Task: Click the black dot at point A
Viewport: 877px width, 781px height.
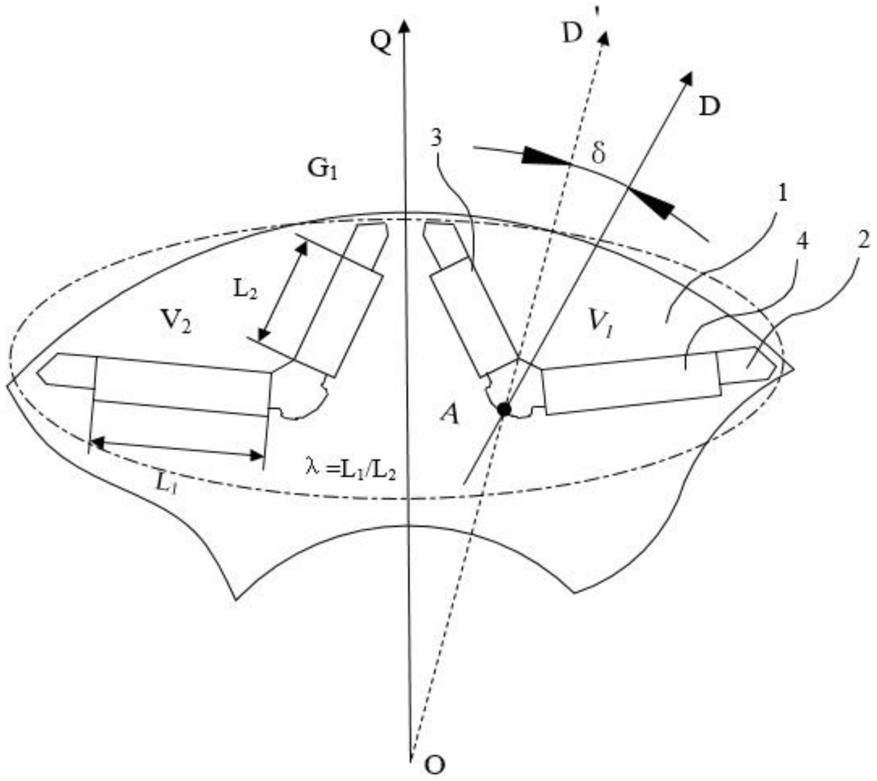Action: pyautogui.click(x=504, y=409)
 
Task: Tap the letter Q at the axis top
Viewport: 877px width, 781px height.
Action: pyautogui.click(x=381, y=43)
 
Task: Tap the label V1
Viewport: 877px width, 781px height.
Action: pyautogui.click(x=601, y=324)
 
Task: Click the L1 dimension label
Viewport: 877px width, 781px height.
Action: pyautogui.click(x=166, y=485)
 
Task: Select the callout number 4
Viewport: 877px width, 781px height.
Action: pyautogui.click(x=802, y=241)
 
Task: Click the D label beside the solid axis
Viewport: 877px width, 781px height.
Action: pyautogui.click(x=710, y=107)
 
